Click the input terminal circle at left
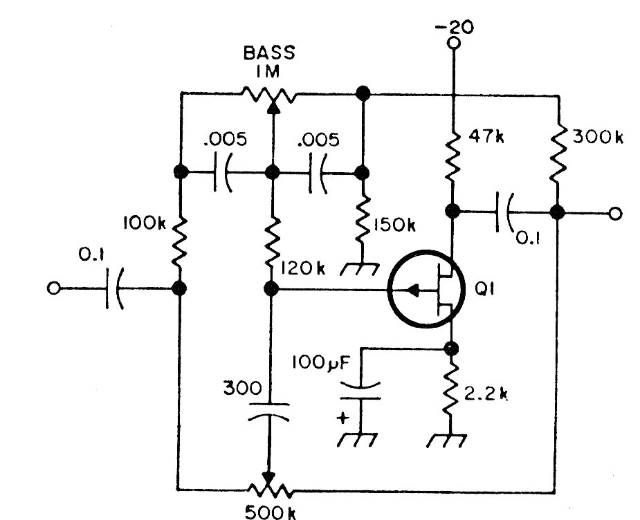pyautogui.click(x=53, y=288)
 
